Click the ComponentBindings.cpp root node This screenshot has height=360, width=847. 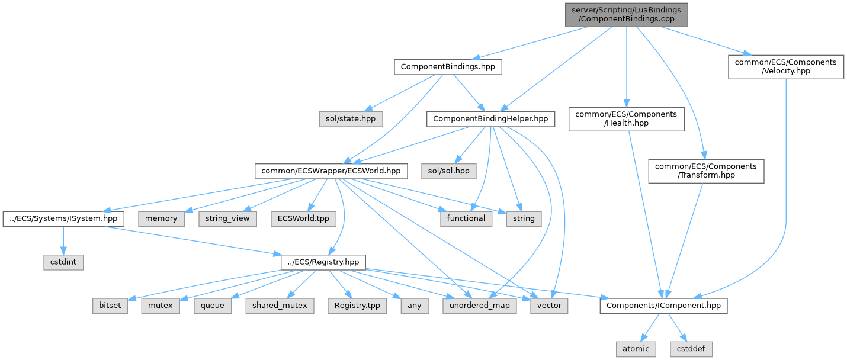pos(626,15)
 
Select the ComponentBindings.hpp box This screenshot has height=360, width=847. pos(448,67)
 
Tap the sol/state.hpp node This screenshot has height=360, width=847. pos(350,119)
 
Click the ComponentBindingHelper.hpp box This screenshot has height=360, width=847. pos(491,119)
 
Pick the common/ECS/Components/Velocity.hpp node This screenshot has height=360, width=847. pos(786,67)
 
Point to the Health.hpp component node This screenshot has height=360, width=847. pos(626,118)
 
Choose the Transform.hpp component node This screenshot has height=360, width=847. pos(706,171)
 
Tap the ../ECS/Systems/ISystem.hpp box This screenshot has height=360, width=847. pos(63,218)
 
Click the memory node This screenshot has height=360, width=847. pos(161,218)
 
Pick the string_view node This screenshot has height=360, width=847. pos(227,218)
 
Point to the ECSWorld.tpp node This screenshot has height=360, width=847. pos(303,218)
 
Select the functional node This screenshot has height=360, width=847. pos(467,218)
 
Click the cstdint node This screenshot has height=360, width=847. pos(63,261)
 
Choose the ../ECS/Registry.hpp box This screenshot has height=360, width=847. pos(323,261)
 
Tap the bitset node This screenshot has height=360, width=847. pos(110,306)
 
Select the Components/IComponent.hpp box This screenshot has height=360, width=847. pos(663,306)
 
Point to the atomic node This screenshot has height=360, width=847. pos(635,349)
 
